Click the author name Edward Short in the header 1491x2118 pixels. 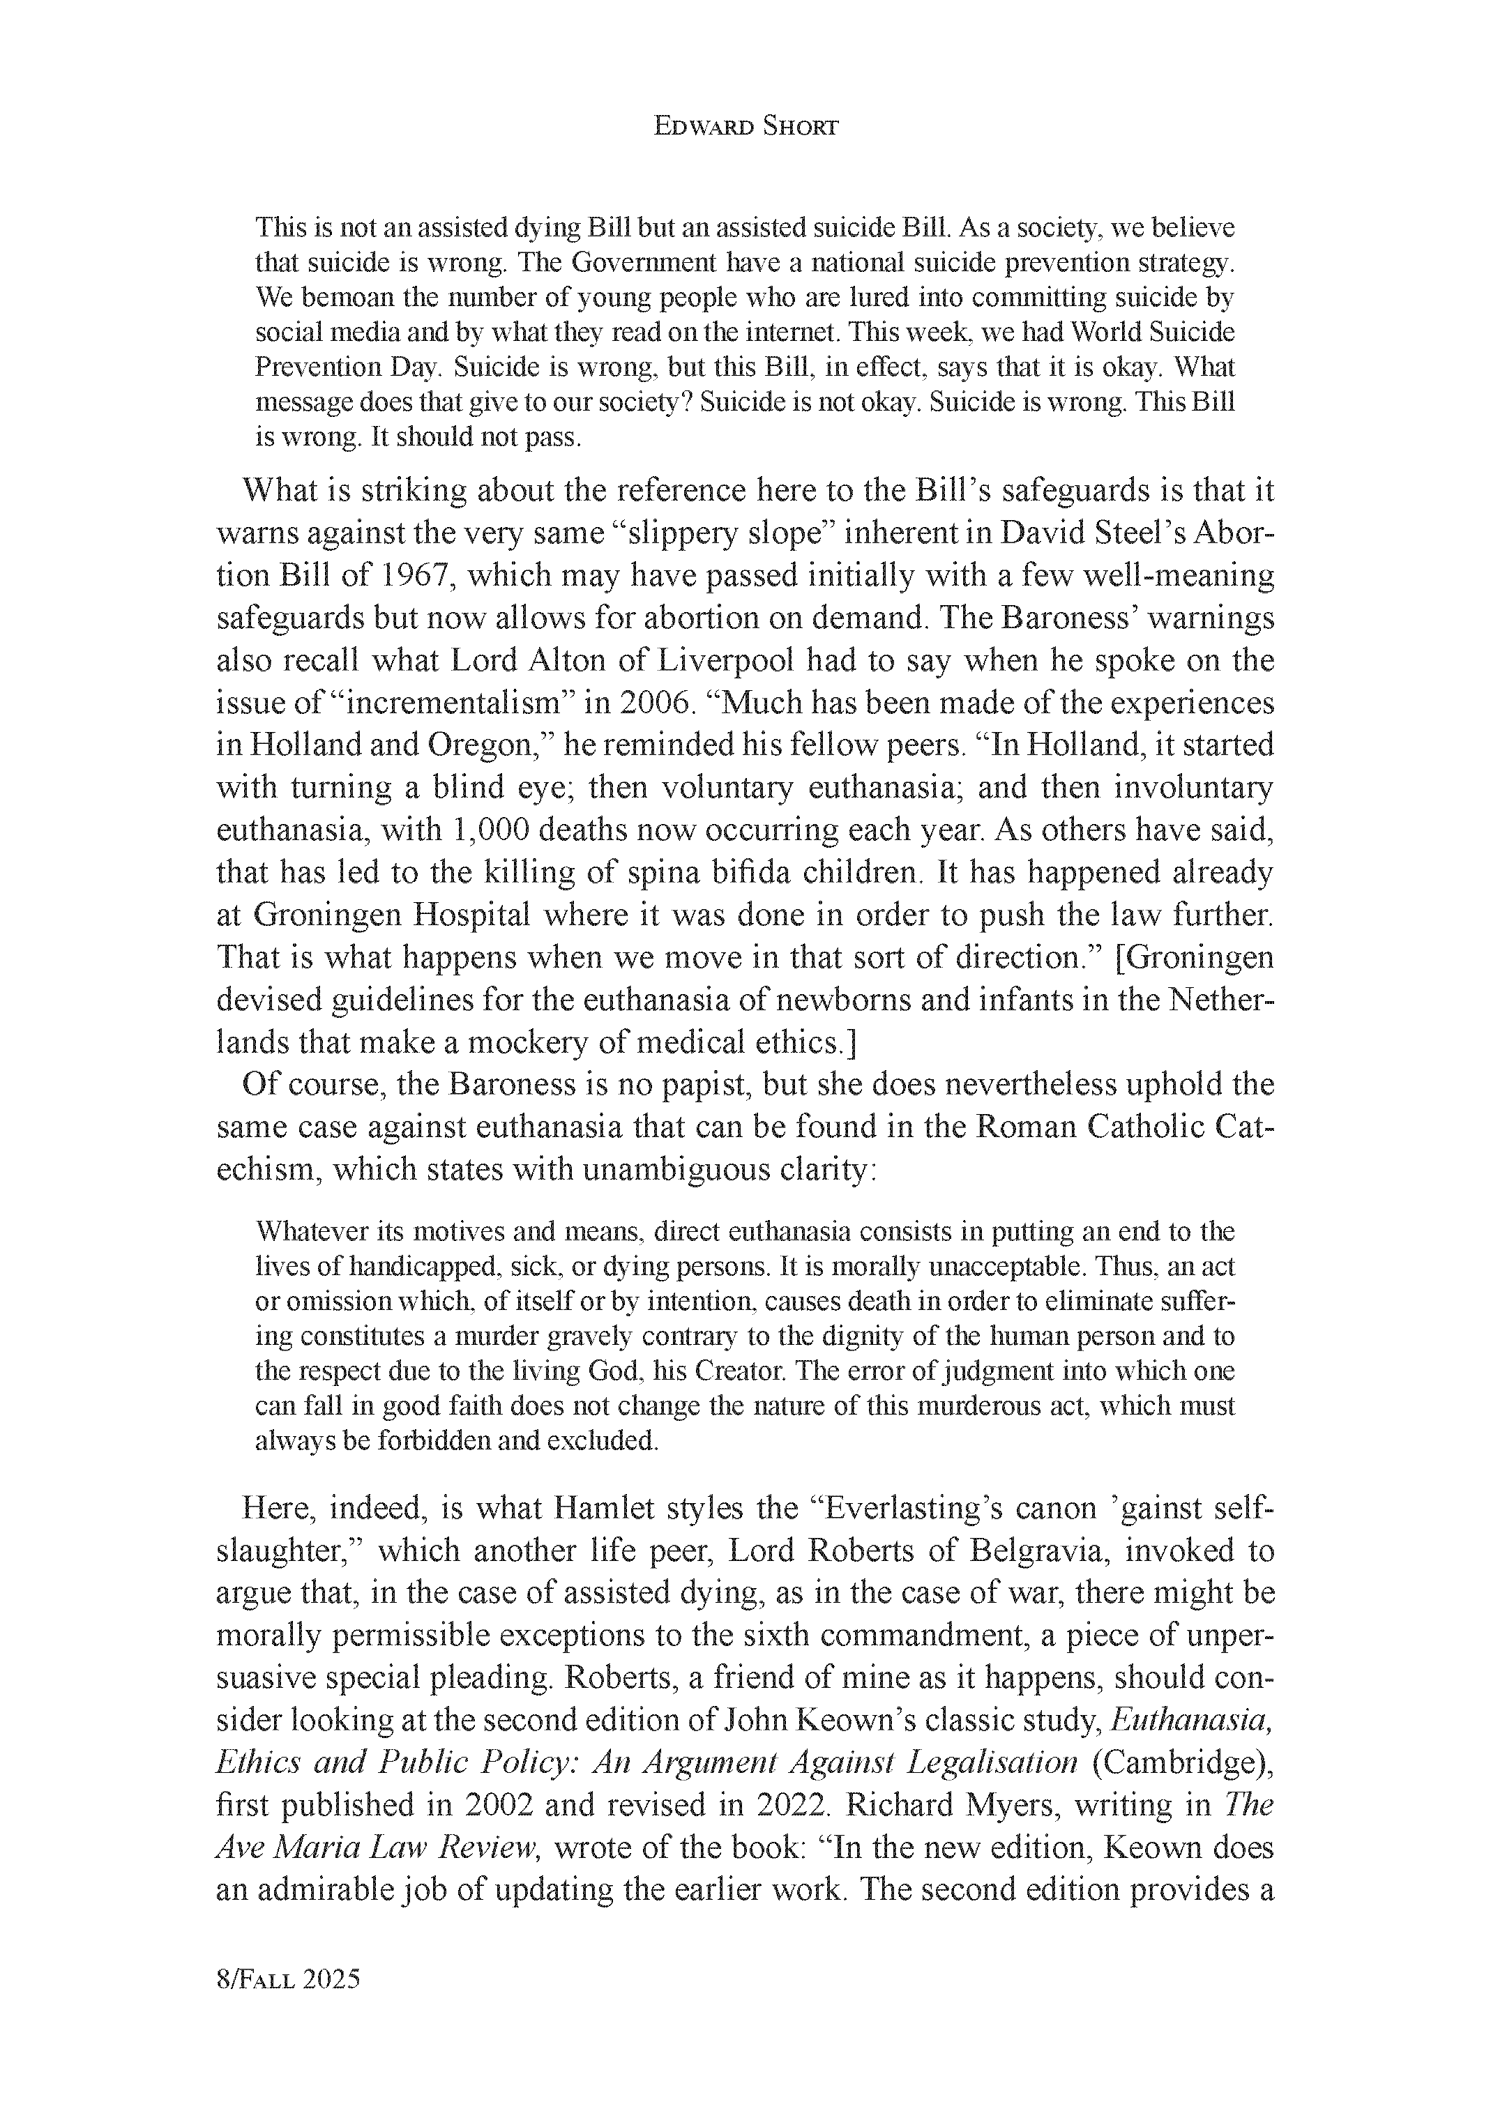745,128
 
